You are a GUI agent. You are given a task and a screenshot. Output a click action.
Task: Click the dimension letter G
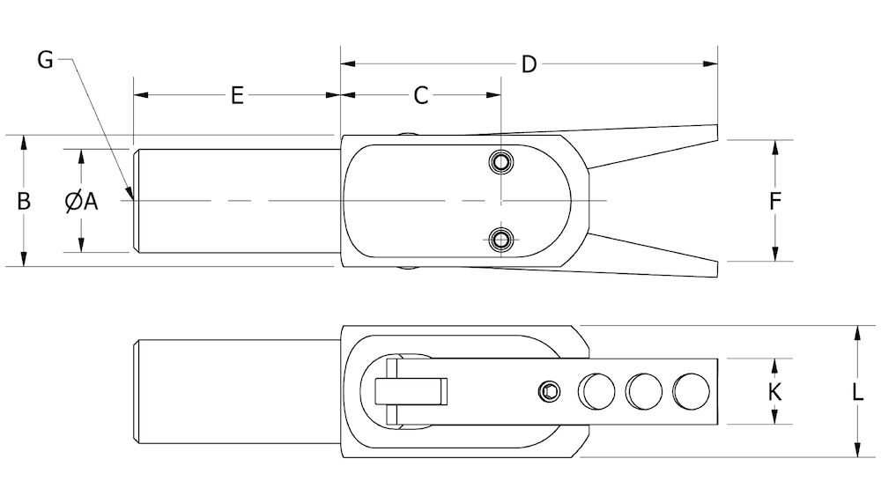click(x=46, y=60)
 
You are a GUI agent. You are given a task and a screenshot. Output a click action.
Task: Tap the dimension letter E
click(x=236, y=95)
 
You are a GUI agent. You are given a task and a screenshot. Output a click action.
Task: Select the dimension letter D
click(x=529, y=64)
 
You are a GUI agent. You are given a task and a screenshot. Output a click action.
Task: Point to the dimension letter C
click(x=421, y=95)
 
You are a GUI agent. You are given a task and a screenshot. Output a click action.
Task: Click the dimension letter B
click(x=25, y=201)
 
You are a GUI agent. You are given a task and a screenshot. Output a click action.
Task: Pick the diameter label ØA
click(x=81, y=202)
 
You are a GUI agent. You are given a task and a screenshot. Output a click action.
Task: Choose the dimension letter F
click(x=775, y=202)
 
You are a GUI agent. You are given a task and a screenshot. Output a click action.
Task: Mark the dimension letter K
click(x=775, y=392)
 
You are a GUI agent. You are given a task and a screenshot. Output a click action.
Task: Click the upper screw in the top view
click(x=501, y=162)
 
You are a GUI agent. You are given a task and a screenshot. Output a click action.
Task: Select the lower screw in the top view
click(x=501, y=238)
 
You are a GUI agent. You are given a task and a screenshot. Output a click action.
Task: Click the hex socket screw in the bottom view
click(x=550, y=390)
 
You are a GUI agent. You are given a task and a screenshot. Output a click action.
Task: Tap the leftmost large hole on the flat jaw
click(x=596, y=390)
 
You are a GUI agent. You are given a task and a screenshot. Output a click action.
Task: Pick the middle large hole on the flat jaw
click(x=643, y=390)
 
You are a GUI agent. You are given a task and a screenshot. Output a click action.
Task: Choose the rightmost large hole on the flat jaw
click(x=690, y=390)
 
